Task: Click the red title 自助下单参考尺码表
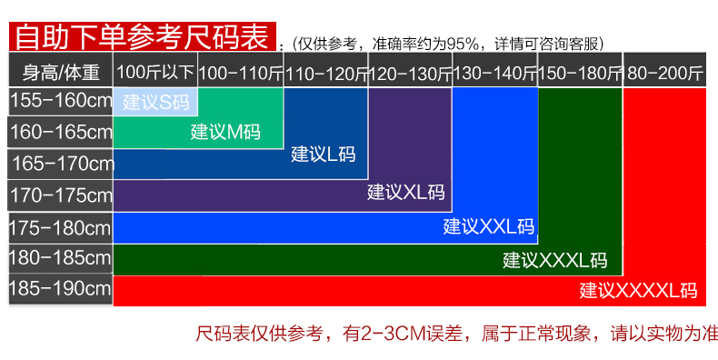tap(143, 36)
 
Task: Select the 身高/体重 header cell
tap(61, 70)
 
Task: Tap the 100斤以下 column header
tap(155, 70)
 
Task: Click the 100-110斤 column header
tap(241, 70)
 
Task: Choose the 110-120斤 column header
tap(326, 70)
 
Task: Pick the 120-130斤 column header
tap(410, 70)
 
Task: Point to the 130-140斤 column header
tap(495, 70)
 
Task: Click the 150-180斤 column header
tap(580, 70)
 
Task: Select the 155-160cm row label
tap(61, 101)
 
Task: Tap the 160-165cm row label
tap(61, 132)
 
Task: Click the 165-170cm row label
tap(61, 164)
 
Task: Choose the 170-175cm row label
tap(61, 195)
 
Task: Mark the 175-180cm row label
tap(61, 227)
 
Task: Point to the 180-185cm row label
tap(61, 258)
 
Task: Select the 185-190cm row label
tap(61, 289)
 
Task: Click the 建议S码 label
tap(156, 103)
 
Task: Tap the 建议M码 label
tap(225, 133)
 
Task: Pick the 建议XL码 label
tap(405, 192)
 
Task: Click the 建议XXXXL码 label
tap(638, 291)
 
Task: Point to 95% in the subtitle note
tap(463, 44)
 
